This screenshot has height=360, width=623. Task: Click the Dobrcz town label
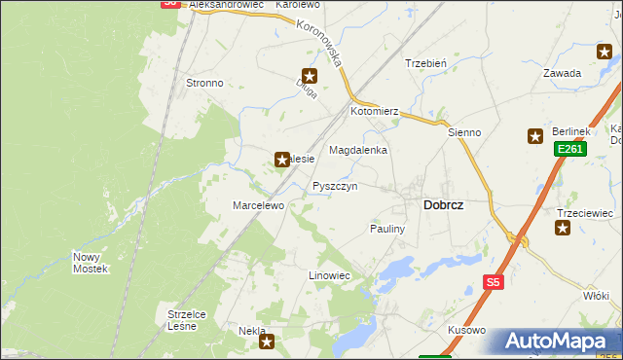[x=443, y=205]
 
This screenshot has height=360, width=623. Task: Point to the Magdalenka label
[x=358, y=151]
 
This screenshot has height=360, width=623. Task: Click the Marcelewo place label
[x=257, y=206]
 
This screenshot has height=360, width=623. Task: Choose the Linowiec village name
[x=329, y=276]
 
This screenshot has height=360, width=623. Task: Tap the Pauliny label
[x=386, y=228]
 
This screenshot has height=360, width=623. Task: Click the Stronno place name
[x=204, y=84]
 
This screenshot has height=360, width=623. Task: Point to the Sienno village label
[x=464, y=132]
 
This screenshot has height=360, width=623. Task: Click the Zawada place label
[x=563, y=73]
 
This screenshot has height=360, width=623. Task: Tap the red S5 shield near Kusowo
[x=494, y=282]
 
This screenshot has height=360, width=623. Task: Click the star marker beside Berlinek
[x=534, y=137]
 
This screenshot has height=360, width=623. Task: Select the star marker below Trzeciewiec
[x=563, y=228]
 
